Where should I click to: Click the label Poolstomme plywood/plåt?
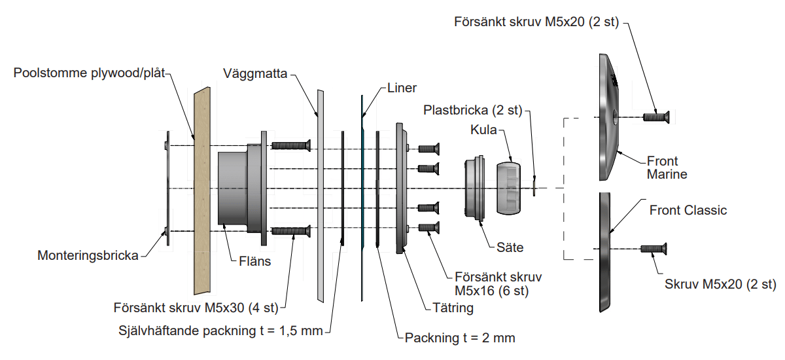(89, 73)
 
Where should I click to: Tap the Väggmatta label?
(255, 73)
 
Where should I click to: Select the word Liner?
(402, 88)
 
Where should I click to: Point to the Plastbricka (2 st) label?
(473, 110)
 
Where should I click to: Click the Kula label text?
(483, 130)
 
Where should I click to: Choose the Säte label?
(510, 247)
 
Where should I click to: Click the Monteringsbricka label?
(88, 255)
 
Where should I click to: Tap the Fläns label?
(254, 261)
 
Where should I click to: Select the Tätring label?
(453, 308)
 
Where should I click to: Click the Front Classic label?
(688, 210)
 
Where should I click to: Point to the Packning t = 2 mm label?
(460, 338)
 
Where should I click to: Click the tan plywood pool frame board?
(202, 190)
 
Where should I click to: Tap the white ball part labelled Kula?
(508, 189)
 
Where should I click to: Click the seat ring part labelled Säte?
(475, 188)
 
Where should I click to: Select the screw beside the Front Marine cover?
(656, 117)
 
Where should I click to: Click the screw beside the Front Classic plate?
(654, 249)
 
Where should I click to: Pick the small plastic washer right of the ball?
(534, 188)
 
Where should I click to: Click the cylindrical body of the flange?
(233, 189)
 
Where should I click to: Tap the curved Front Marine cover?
(609, 117)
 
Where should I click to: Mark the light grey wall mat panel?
(321, 196)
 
